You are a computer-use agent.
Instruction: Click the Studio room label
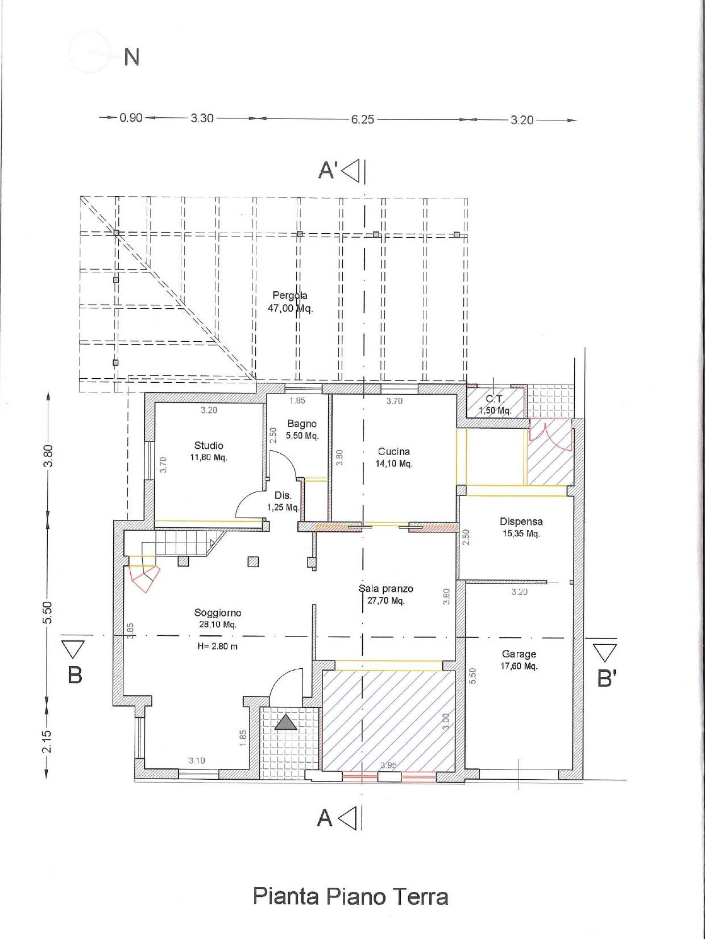tap(209, 451)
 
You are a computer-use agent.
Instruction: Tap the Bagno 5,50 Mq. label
tap(302, 429)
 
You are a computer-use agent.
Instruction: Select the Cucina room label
tap(394, 457)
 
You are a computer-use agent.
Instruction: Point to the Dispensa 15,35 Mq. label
tap(521, 527)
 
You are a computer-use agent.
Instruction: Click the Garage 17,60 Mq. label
tap(519, 660)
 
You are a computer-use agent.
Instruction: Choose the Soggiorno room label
tap(217, 618)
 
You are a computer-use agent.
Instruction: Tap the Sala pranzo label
tap(385, 594)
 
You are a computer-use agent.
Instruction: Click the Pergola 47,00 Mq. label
tap(290, 302)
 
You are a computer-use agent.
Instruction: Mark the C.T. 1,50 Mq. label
tap(495, 405)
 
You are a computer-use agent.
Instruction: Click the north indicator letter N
tap(131, 57)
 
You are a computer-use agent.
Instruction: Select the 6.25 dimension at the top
tap(362, 119)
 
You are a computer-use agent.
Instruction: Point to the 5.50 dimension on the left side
tap(48, 613)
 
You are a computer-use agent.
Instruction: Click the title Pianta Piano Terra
tap(350, 896)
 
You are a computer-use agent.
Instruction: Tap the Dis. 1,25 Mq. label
tap(283, 501)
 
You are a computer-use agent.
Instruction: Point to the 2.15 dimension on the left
tap(47, 741)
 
